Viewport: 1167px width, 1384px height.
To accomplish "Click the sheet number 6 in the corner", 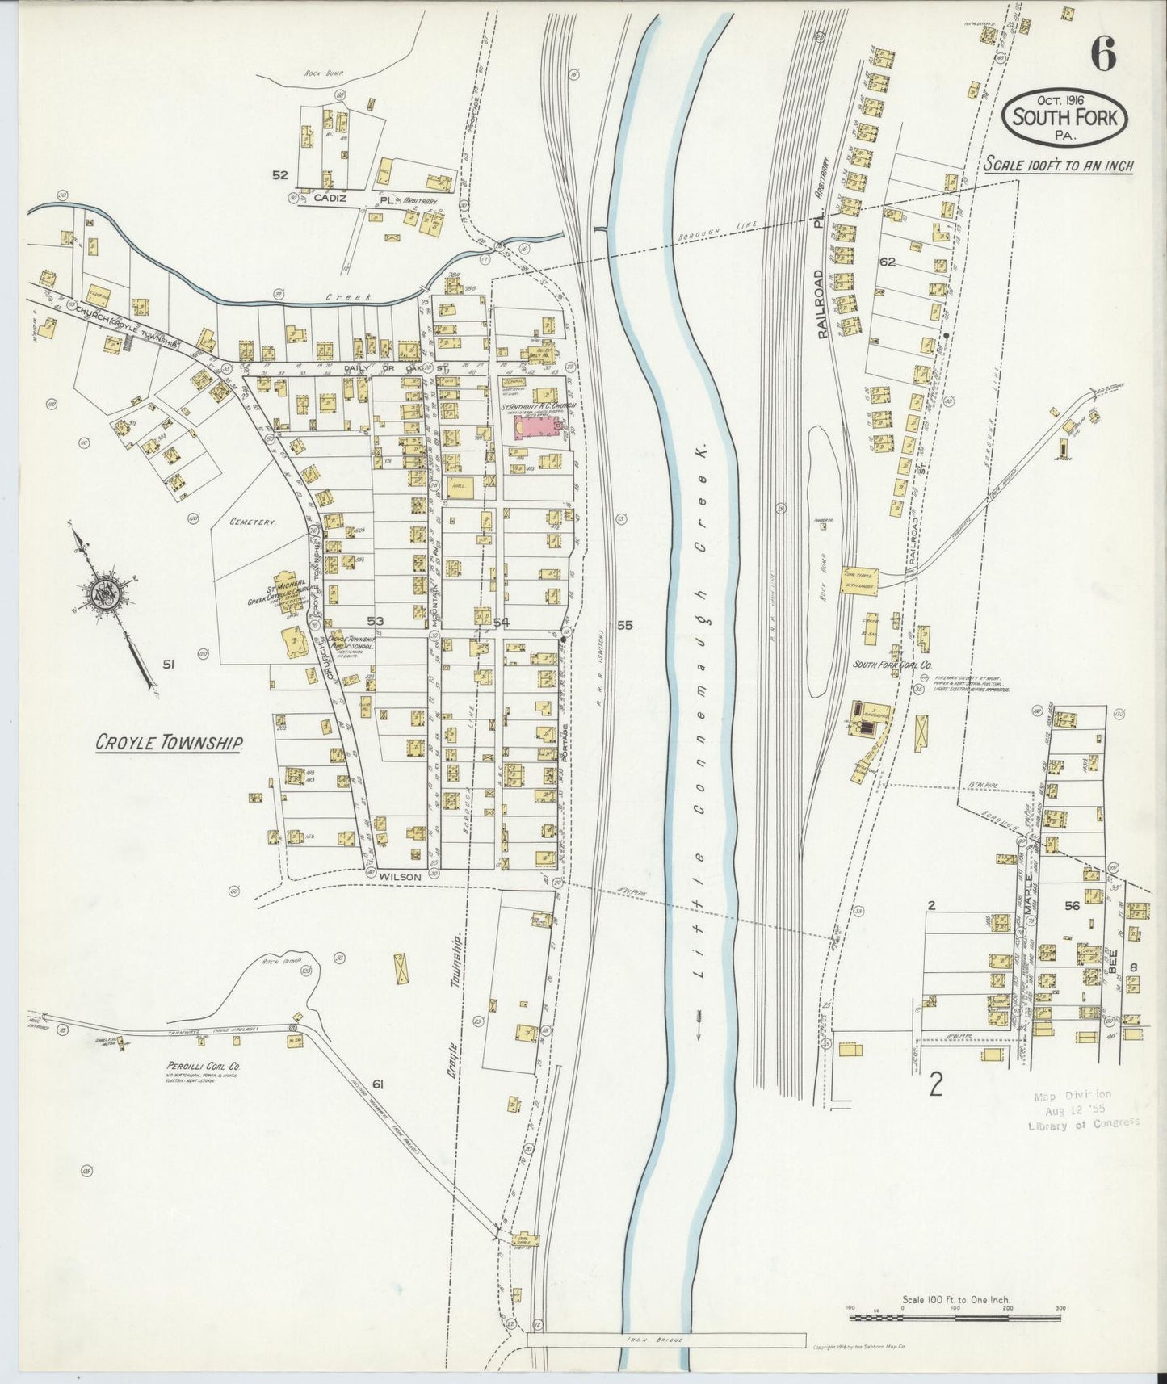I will click(x=1103, y=55).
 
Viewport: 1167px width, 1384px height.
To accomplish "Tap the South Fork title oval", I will click(x=1065, y=118).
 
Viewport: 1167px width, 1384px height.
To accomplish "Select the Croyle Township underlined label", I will click(x=169, y=742).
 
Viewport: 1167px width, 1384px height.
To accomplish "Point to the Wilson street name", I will click(x=401, y=874).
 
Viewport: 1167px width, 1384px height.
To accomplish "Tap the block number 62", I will click(x=888, y=262).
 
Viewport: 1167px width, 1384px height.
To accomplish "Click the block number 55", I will click(x=624, y=624).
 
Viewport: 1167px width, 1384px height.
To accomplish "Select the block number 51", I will click(x=168, y=665).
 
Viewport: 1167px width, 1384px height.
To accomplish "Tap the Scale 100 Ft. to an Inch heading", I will click(x=1058, y=166).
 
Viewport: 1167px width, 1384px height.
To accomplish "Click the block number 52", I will click(x=279, y=174).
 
